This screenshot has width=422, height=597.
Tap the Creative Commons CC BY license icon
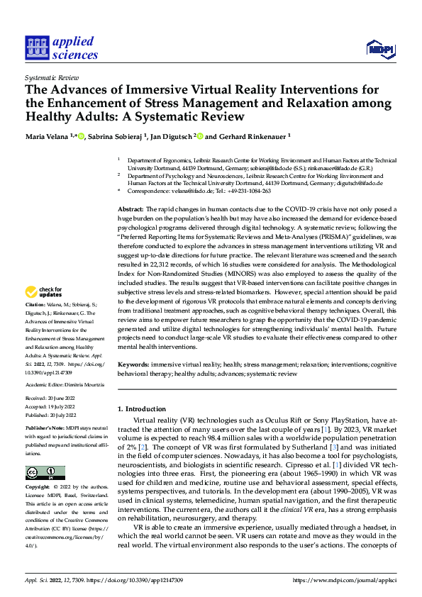tap(45, 453)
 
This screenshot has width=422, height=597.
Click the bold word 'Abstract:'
tap(130, 210)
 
